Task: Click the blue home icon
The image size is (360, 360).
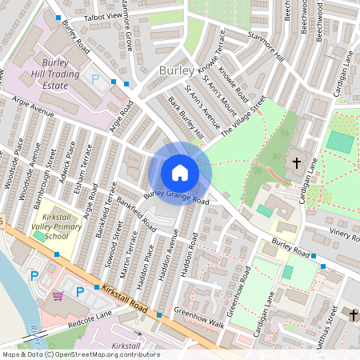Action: (180, 172)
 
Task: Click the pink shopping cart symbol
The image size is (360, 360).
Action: (58, 296)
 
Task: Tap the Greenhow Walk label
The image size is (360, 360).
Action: (200, 317)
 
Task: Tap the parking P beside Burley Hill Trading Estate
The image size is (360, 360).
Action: (96, 80)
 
